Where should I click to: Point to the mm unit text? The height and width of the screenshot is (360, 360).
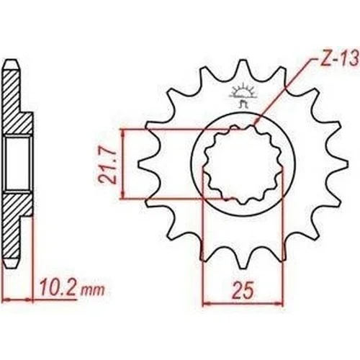click(x=93, y=290)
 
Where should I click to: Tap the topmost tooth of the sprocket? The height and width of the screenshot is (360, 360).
click(x=243, y=70)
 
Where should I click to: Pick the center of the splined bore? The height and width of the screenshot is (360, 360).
click(x=243, y=164)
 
